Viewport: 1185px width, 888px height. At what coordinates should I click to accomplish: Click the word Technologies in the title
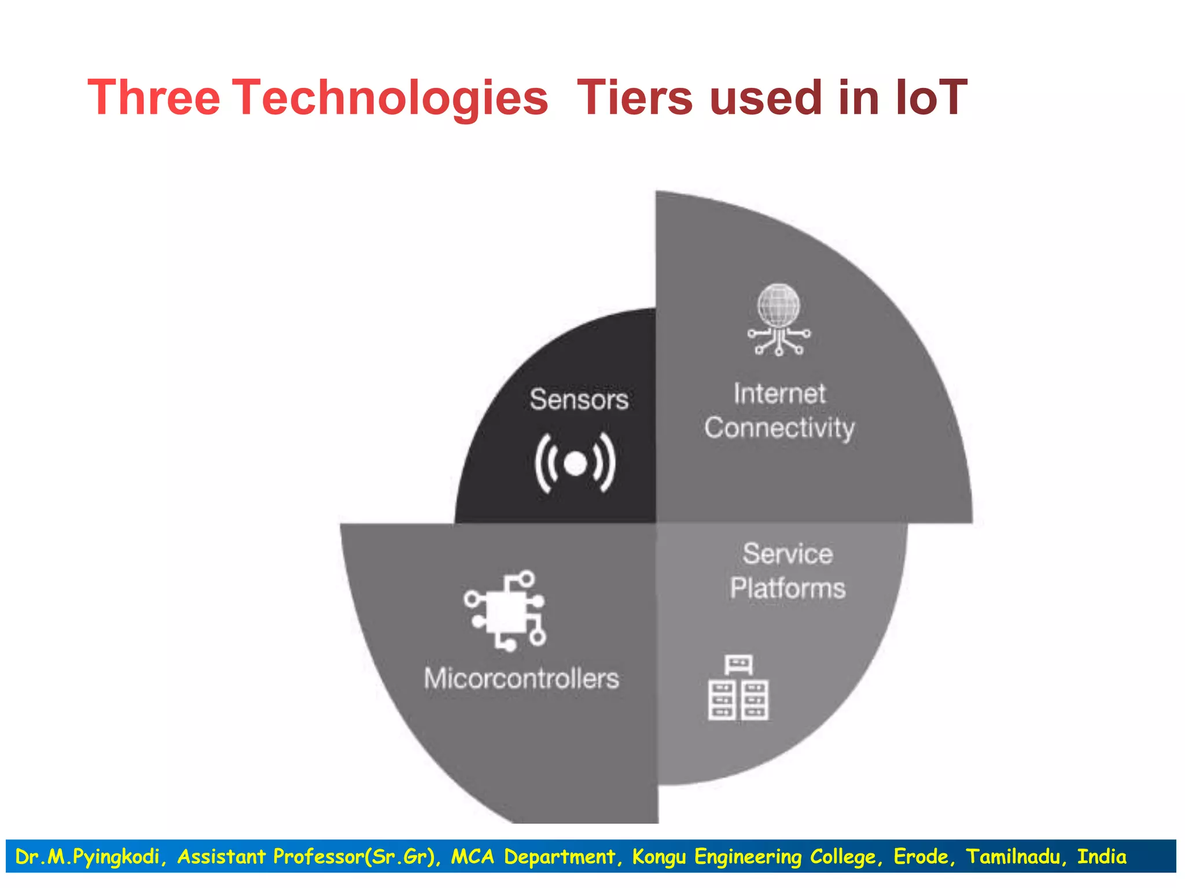coord(390,98)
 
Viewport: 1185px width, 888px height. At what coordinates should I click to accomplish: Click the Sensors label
coord(579,399)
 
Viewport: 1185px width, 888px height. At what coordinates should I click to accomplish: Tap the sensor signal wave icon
coord(575,463)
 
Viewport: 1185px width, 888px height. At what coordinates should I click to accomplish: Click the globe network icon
coord(779,319)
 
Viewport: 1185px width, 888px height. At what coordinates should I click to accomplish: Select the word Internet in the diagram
coord(779,394)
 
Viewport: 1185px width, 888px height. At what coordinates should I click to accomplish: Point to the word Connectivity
coord(779,428)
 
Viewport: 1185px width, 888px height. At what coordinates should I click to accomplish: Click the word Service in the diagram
coord(787,554)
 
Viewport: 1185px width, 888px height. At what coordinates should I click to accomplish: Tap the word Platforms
coord(787,589)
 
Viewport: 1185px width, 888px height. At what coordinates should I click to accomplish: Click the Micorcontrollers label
coord(521,679)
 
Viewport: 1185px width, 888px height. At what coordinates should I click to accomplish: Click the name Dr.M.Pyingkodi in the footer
coord(87,857)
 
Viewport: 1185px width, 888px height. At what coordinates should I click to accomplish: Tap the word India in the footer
coord(1102,856)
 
